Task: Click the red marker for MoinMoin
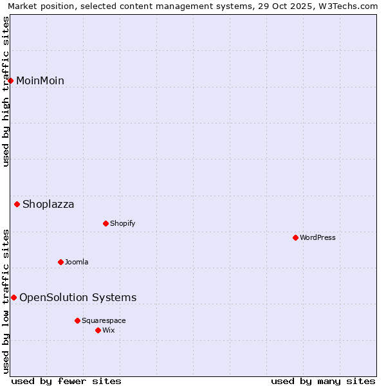pos(11,80)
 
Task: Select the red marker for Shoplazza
pos(17,205)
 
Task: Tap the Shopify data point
pos(106,223)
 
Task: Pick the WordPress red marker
pos(295,237)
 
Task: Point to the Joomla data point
pos(60,262)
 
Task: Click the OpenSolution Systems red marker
pos(14,297)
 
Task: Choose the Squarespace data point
pos(77,320)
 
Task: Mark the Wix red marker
pos(98,330)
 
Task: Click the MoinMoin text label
pos(40,80)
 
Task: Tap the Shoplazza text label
pos(48,205)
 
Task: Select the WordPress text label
pos(318,237)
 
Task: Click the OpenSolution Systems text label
pos(78,297)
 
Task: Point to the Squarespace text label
pos(104,320)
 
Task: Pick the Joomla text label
pos(77,262)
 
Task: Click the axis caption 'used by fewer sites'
pos(66,381)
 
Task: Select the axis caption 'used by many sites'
pos(323,381)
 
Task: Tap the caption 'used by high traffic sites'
pos(6,91)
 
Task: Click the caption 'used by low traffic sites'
pos(6,300)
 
